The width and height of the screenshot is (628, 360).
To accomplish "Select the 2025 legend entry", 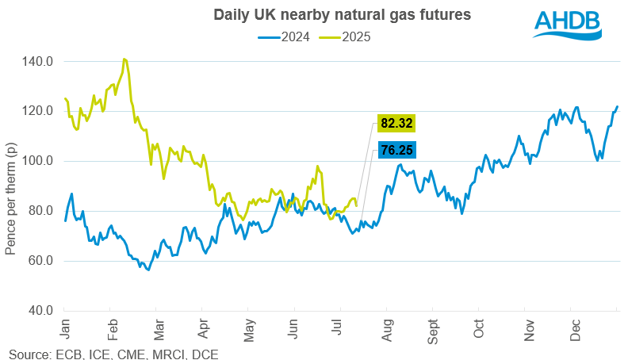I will (346, 36).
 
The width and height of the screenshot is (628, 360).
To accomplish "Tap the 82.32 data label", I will (396, 124).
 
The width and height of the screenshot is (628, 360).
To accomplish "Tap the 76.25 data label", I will (396, 150).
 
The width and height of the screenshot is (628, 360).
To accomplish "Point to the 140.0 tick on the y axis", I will (39, 61).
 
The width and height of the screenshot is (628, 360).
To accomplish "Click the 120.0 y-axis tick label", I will (39, 111).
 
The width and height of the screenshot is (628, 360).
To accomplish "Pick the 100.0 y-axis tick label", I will (39, 161).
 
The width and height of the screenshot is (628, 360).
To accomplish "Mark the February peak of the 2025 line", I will (124, 59).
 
